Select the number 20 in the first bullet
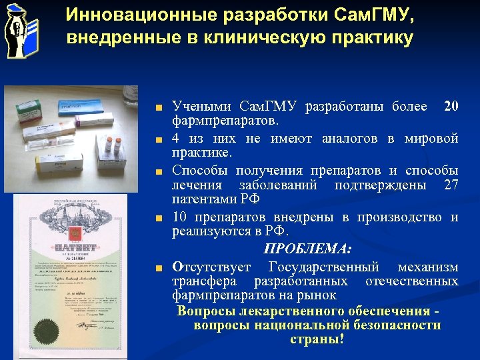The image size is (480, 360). (x=451, y=106)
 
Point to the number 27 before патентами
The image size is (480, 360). (x=451, y=185)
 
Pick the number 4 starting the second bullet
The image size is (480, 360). (x=175, y=138)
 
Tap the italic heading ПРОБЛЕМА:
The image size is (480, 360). (x=307, y=249)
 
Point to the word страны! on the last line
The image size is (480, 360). (x=317, y=339)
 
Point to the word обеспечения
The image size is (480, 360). (x=378, y=311)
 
